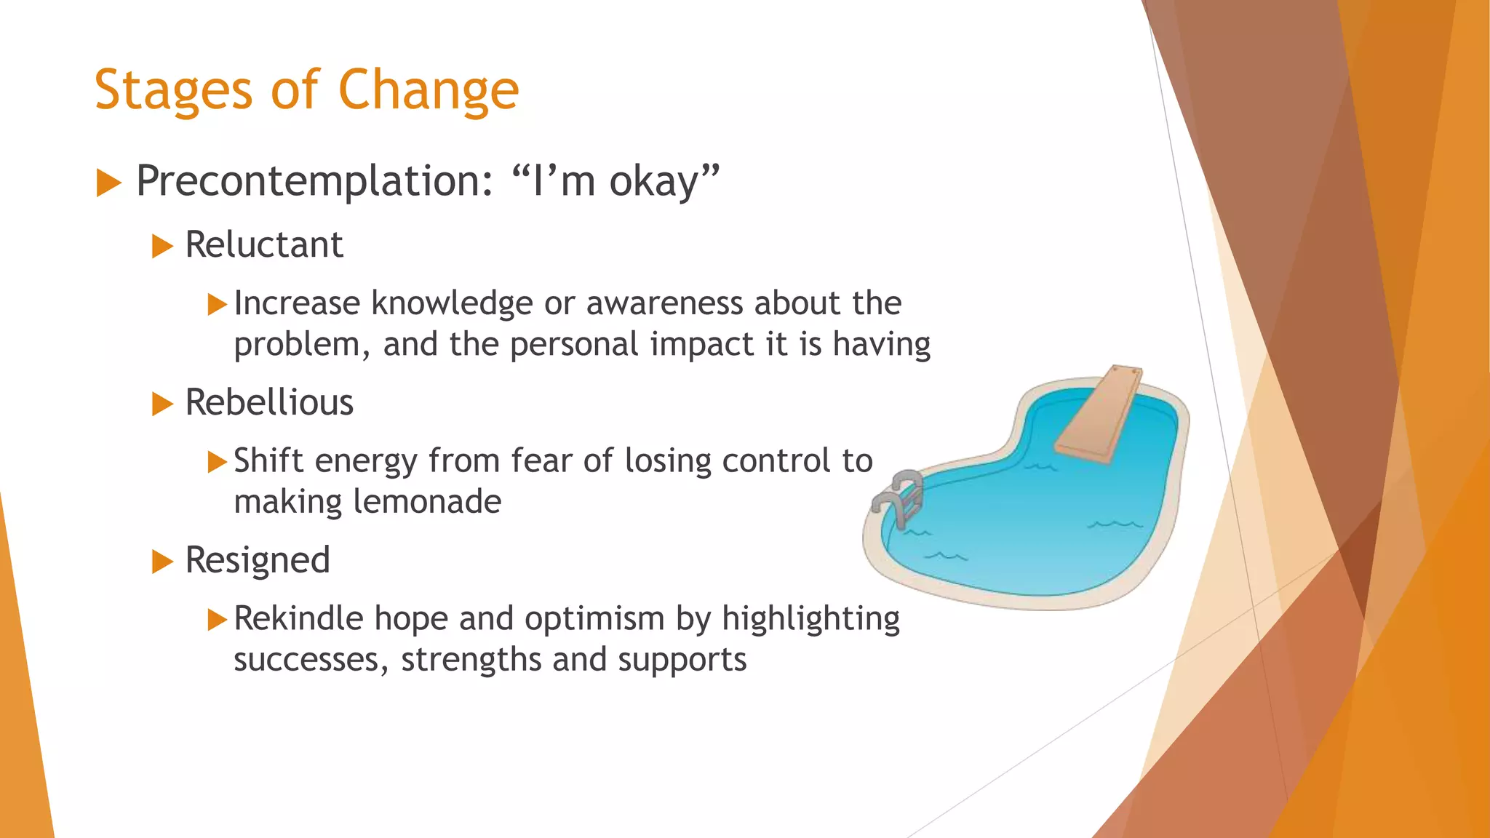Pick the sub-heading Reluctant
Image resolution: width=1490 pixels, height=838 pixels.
coord(263,244)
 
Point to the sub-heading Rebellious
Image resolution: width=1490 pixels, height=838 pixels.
coord(269,402)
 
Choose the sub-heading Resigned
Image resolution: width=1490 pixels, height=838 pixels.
coord(258,560)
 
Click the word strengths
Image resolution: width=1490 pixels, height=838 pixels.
coord(471,660)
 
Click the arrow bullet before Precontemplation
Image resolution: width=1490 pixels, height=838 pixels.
coord(108,183)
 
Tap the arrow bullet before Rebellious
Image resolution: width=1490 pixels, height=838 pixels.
coord(162,404)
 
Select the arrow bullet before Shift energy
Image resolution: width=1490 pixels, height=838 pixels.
coord(217,462)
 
